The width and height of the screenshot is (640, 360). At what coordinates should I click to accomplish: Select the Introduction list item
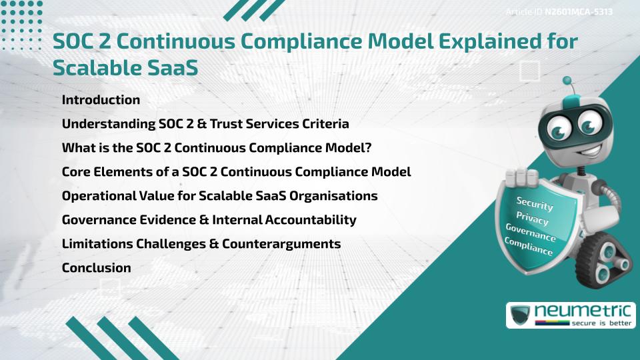click(x=101, y=100)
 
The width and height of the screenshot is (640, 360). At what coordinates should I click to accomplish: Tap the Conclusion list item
click(x=96, y=268)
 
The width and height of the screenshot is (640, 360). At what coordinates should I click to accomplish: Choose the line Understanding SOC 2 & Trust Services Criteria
click(x=205, y=124)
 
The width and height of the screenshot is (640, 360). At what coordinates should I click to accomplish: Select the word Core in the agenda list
click(x=76, y=172)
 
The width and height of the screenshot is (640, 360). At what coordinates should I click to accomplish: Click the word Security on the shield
click(x=535, y=203)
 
